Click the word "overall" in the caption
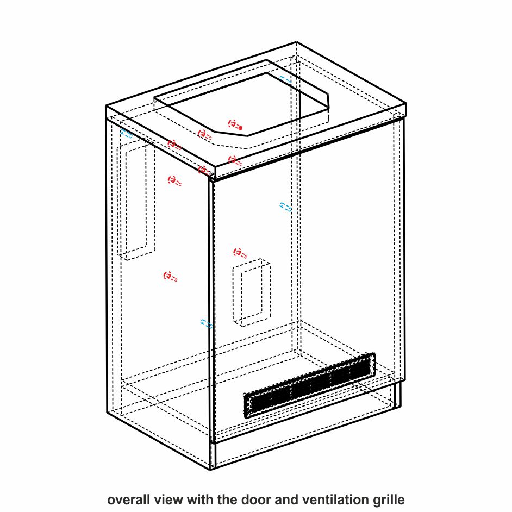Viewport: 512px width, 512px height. click(128, 499)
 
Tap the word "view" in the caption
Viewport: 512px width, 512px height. click(168, 499)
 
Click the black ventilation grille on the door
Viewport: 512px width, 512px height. click(310, 386)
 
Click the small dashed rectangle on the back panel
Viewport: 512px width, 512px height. click(252, 292)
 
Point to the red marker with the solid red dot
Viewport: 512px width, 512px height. click(235, 124)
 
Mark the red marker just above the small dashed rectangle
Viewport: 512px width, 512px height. click(240, 253)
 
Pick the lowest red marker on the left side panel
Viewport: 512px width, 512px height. click(170, 277)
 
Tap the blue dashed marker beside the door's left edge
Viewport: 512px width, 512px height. click(207, 323)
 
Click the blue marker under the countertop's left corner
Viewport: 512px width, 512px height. click(126, 133)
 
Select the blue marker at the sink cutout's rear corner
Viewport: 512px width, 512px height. click(285, 80)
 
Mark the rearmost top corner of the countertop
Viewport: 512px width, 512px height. click(296, 42)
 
